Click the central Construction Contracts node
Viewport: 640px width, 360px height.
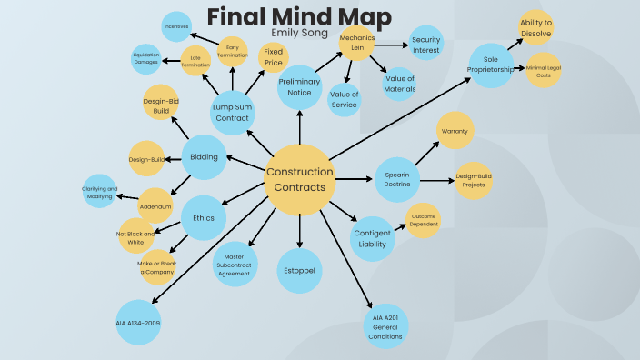coord(300,179)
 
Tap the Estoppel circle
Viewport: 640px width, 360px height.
coord(299,270)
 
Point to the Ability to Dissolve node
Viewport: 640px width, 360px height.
coord(536,27)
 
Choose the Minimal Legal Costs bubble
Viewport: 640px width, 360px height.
coord(543,70)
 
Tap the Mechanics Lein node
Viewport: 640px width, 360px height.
coord(356,42)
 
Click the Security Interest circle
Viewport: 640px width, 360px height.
coord(425,45)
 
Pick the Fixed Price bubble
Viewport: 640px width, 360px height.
coord(272,58)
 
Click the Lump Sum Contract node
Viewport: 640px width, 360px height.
coord(232,113)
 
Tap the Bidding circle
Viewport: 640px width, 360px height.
coord(204,157)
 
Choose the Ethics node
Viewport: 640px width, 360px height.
coord(204,218)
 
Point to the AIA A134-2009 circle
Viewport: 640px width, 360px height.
coord(139,322)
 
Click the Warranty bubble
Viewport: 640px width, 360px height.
coord(455,131)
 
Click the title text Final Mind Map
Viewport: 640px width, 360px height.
coord(299,17)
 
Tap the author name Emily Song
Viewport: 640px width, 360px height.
coord(299,33)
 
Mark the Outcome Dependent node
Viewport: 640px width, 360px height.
coord(423,221)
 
